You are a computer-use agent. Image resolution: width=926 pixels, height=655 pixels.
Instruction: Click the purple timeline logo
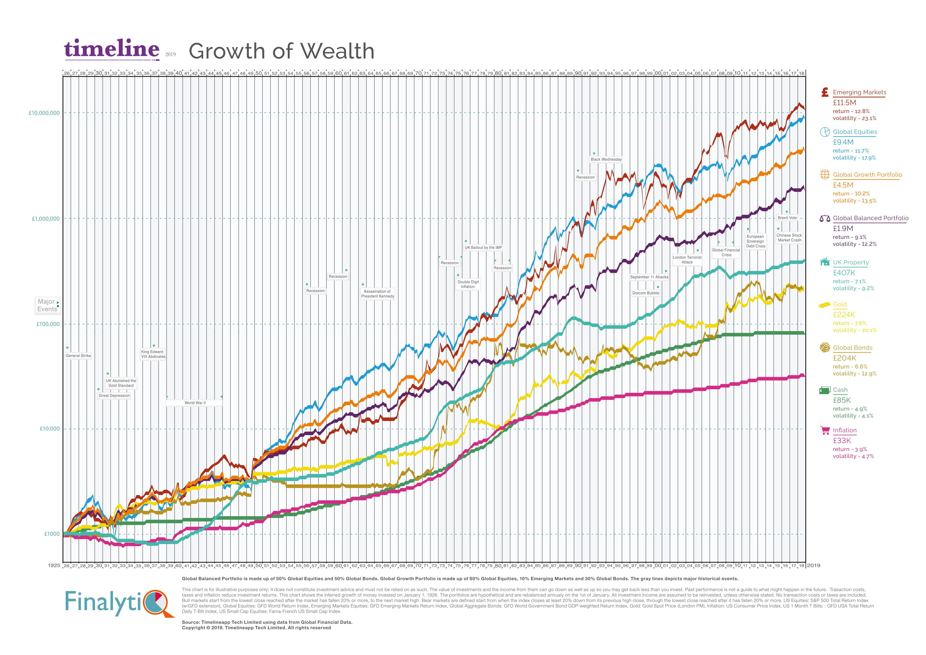click(111, 50)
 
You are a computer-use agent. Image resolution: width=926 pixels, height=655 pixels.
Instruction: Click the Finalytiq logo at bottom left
click(119, 603)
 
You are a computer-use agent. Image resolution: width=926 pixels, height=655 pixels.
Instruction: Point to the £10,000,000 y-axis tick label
click(44, 113)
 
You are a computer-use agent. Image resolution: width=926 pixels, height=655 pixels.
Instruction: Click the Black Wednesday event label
click(606, 159)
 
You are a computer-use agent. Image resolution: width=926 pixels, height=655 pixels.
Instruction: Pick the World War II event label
click(195, 403)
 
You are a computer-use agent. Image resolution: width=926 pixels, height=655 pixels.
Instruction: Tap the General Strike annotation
click(78, 356)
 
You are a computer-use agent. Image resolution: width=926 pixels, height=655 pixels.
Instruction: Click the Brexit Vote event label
click(787, 218)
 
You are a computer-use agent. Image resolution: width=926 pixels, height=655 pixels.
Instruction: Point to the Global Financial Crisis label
click(726, 252)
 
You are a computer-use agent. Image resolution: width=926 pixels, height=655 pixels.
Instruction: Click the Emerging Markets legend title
click(859, 92)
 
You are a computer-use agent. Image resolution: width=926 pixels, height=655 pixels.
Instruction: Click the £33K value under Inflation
click(842, 441)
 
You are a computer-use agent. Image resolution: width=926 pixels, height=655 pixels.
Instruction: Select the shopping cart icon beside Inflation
click(825, 431)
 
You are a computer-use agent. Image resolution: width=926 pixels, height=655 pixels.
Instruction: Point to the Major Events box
click(47, 305)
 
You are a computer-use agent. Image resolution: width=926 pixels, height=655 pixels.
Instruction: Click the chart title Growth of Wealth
click(281, 51)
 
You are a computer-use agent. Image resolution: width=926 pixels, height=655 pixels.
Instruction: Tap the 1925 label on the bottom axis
click(54, 566)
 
